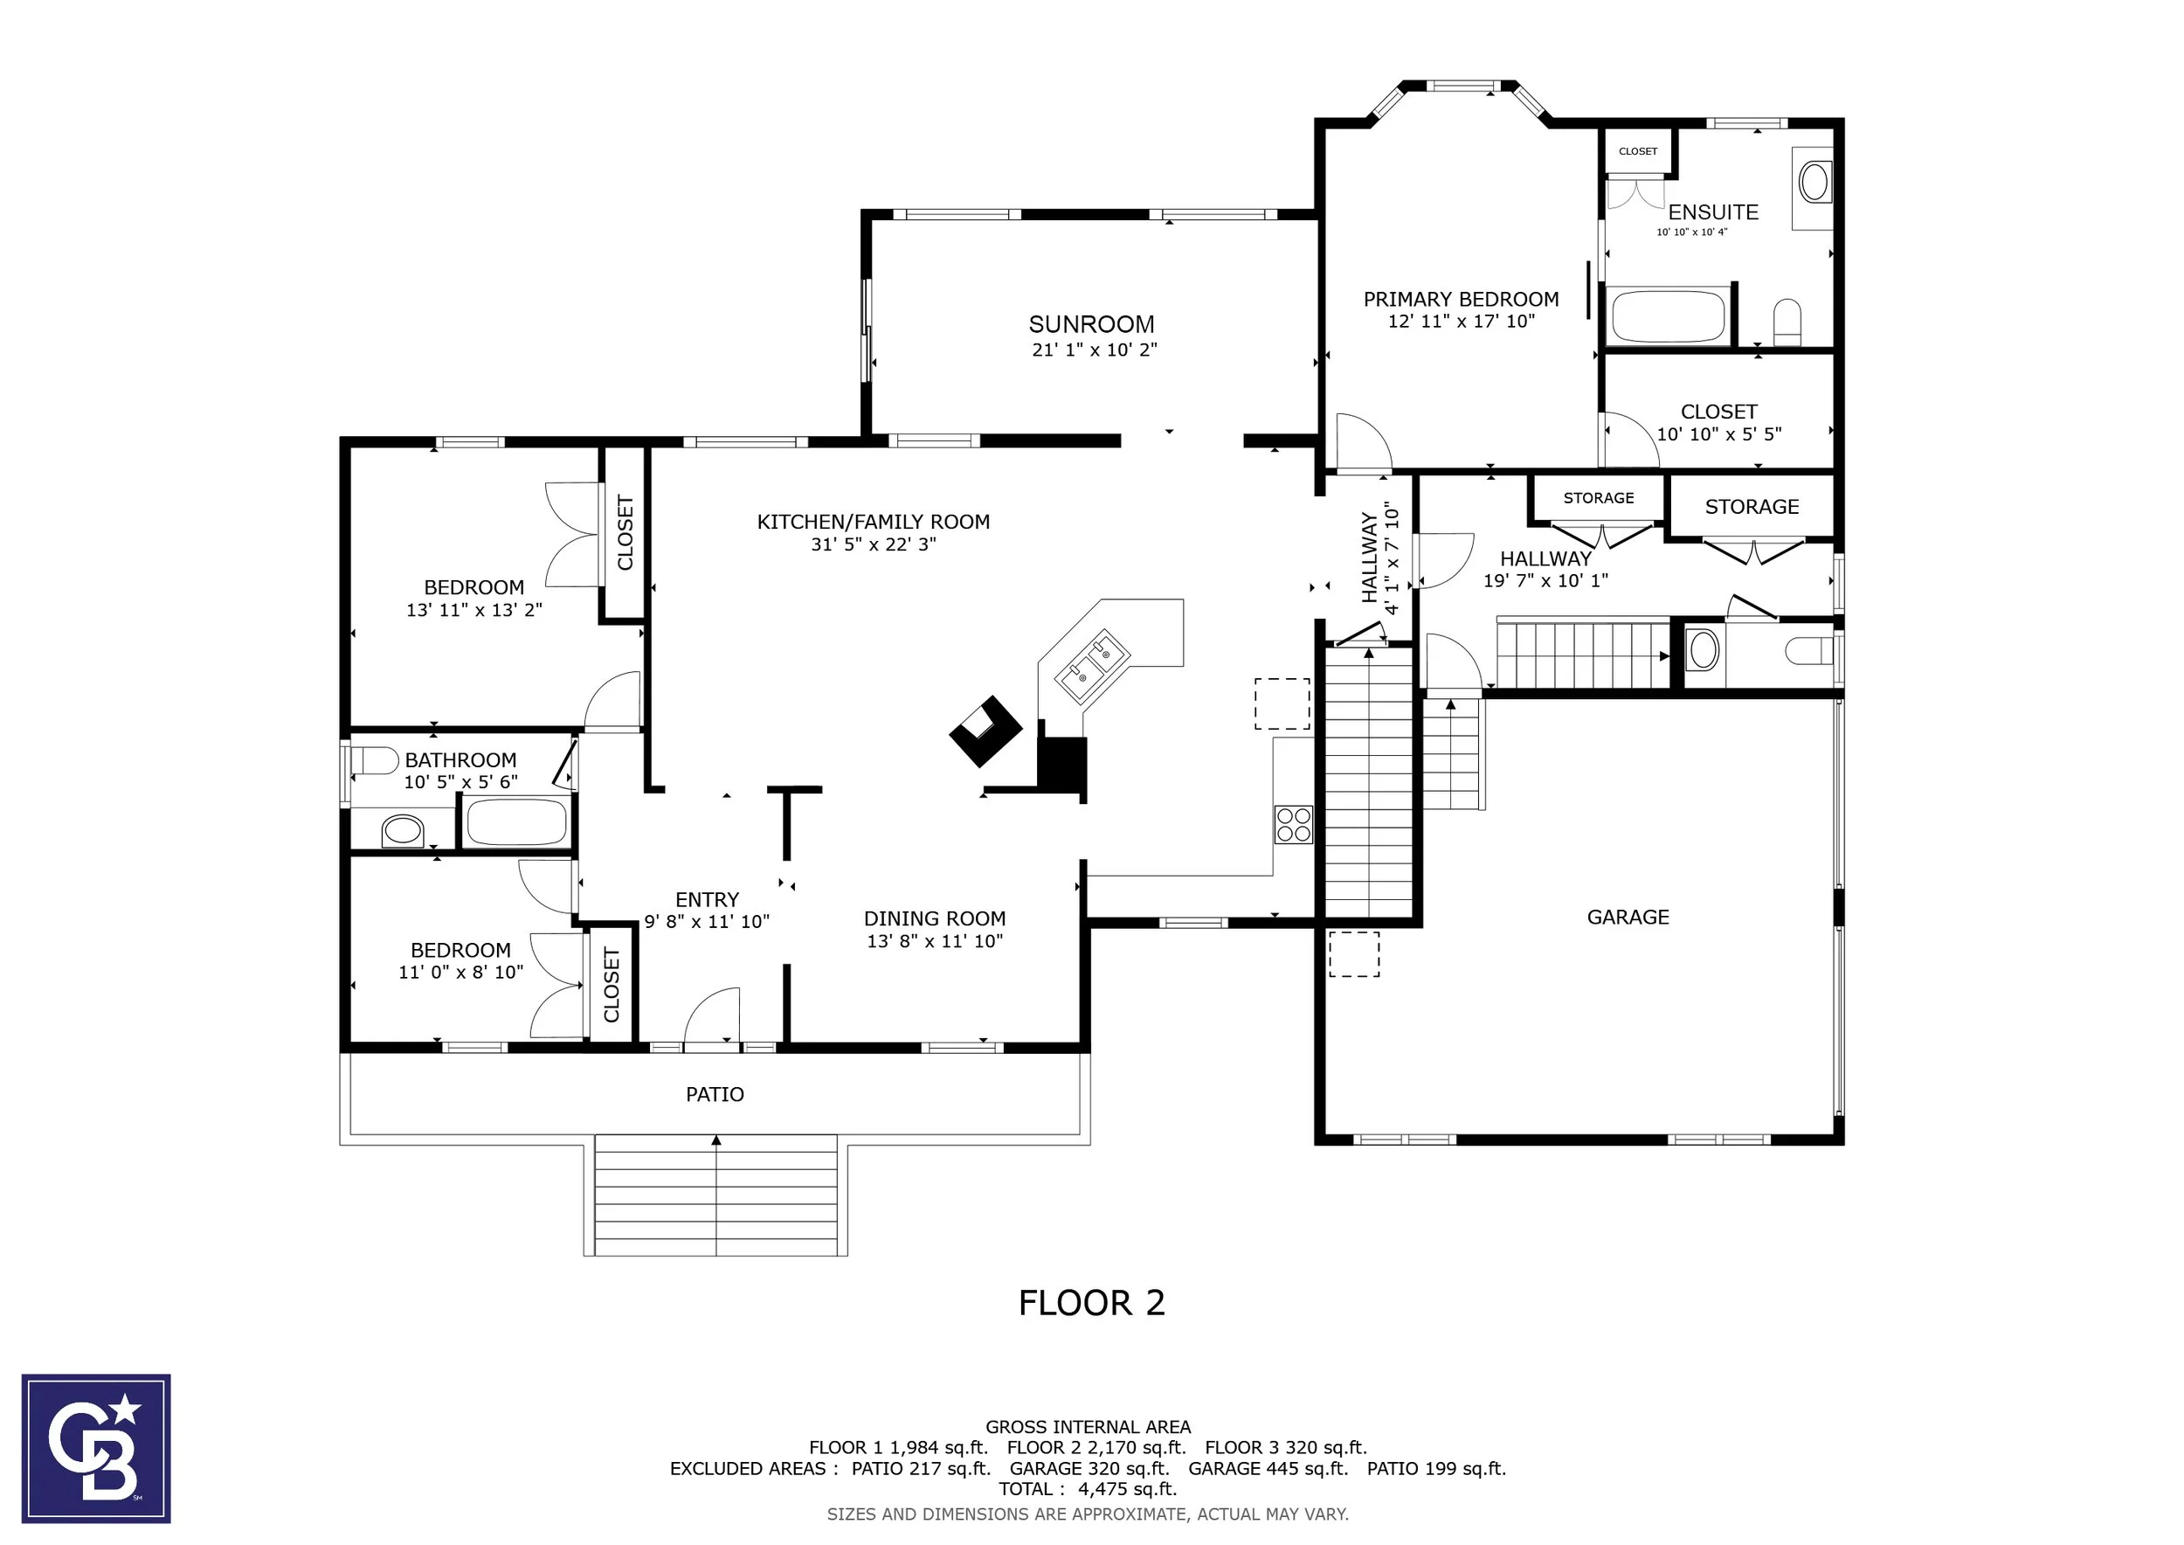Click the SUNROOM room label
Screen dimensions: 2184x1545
[x=1091, y=324]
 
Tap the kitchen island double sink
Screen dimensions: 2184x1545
[x=1093, y=666]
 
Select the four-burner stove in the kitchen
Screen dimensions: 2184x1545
[x=1294, y=824]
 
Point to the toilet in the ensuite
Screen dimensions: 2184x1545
[x=1788, y=322]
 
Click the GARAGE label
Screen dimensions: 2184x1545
[x=1628, y=917]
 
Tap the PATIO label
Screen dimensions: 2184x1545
[x=715, y=1094]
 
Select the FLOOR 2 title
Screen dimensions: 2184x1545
[x=1091, y=1302]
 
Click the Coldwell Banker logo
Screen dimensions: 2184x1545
[x=96, y=1448]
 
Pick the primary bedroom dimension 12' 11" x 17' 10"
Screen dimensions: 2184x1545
[x=1461, y=322]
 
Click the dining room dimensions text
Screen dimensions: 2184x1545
[x=934, y=941]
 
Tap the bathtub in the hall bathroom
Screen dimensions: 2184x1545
[x=516, y=822]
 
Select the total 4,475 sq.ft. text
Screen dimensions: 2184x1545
[x=1088, y=1489]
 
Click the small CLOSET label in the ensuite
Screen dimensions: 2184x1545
[x=1637, y=151]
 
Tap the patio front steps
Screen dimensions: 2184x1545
[x=715, y=1195]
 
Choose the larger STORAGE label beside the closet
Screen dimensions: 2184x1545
[x=1752, y=507]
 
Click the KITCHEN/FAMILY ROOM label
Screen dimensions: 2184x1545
[x=874, y=522]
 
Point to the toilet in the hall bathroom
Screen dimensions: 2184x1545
[x=376, y=761]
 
